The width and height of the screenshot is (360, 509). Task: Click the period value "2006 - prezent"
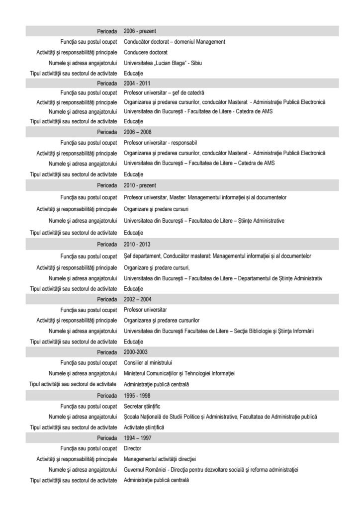(140, 31)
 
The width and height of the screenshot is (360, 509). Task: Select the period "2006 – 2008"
(137, 132)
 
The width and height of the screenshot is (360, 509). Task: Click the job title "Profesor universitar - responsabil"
(160, 143)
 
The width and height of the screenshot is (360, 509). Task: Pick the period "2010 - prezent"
(140, 185)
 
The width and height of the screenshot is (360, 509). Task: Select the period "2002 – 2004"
(137, 299)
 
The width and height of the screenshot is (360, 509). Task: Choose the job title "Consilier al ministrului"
(148, 362)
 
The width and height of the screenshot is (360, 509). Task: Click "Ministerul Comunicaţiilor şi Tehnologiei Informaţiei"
(179, 373)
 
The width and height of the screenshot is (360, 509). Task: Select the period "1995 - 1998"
(137, 396)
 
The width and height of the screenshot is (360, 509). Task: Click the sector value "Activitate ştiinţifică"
(144, 427)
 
